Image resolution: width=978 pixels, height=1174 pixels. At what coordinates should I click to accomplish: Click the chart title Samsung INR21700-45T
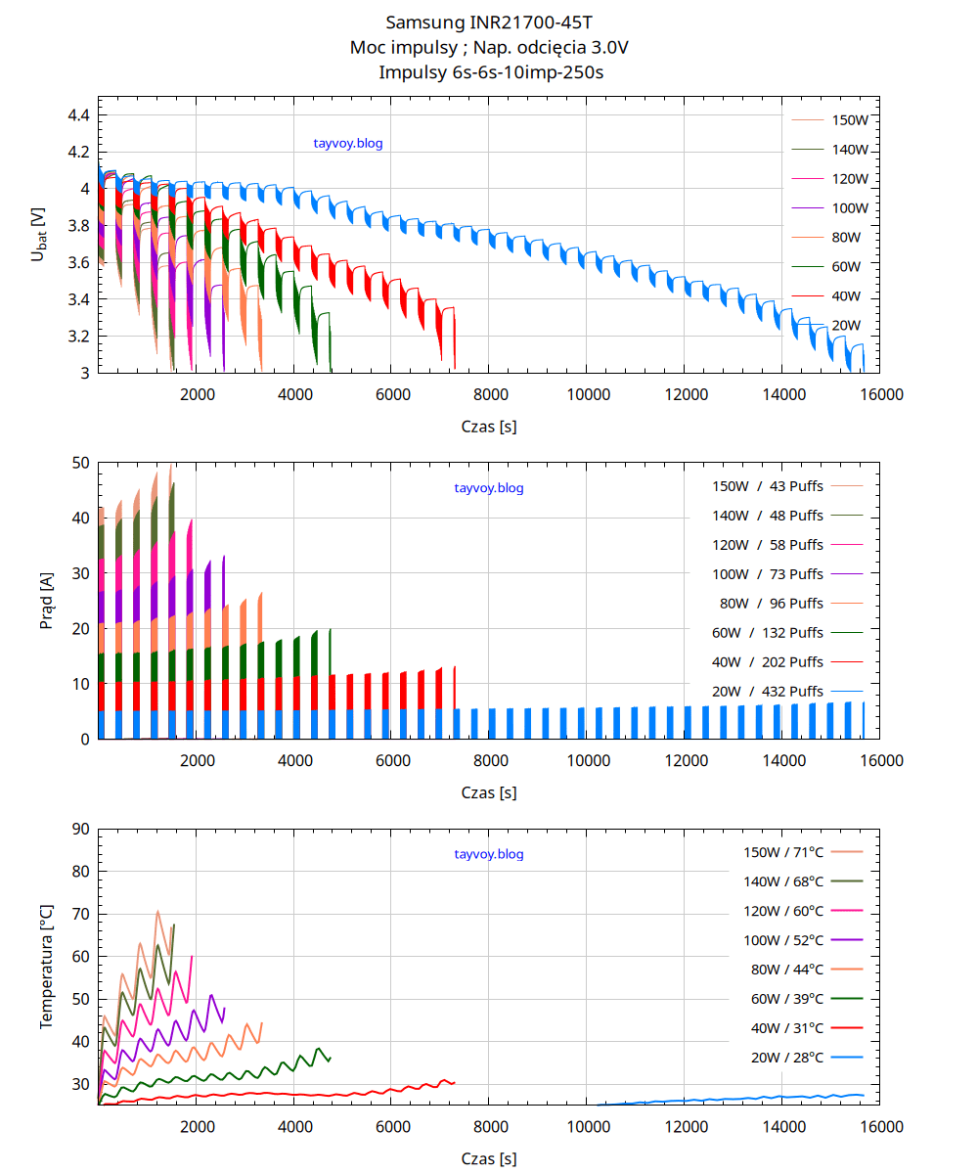[x=489, y=22]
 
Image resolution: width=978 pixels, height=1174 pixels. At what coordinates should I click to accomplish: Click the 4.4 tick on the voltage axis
[x=78, y=115]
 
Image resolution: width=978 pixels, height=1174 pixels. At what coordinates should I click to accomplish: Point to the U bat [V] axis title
[x=38, y=234]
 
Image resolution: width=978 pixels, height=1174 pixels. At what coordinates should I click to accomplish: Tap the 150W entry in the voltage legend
[x=850, y=120]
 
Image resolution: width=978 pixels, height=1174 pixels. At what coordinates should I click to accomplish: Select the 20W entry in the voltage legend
[x=846, y=326]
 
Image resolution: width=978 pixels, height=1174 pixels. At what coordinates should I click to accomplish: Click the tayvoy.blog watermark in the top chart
[x=347, y=143]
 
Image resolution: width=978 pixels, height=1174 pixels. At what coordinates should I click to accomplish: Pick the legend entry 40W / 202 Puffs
[x=768, y=661]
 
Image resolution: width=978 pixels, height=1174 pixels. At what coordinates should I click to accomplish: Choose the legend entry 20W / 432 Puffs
[x=768, y=691]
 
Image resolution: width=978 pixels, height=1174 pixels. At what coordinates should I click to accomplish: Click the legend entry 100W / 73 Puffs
[x=768, y=573]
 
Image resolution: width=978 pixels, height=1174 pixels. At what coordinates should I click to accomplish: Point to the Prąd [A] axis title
[x=47, y=602]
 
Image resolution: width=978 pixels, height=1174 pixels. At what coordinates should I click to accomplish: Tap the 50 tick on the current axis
[x=81, y=463]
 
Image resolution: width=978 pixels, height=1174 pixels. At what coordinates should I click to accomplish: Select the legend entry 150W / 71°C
[x=783, y=852]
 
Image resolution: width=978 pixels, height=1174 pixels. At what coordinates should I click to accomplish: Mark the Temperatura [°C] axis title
[x=46, y=967]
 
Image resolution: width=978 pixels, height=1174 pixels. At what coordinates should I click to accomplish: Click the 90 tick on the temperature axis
[x=81, y=830]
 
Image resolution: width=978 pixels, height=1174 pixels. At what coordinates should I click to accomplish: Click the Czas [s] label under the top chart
[x=489, y=427]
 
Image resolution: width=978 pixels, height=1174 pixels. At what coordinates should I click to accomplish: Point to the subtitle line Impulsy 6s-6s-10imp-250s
[x=489, y=71]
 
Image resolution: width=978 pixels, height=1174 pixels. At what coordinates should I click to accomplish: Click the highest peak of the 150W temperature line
[x=157, y=911]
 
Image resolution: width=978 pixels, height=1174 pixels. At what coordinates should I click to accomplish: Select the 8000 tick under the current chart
[x=489, y=760]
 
